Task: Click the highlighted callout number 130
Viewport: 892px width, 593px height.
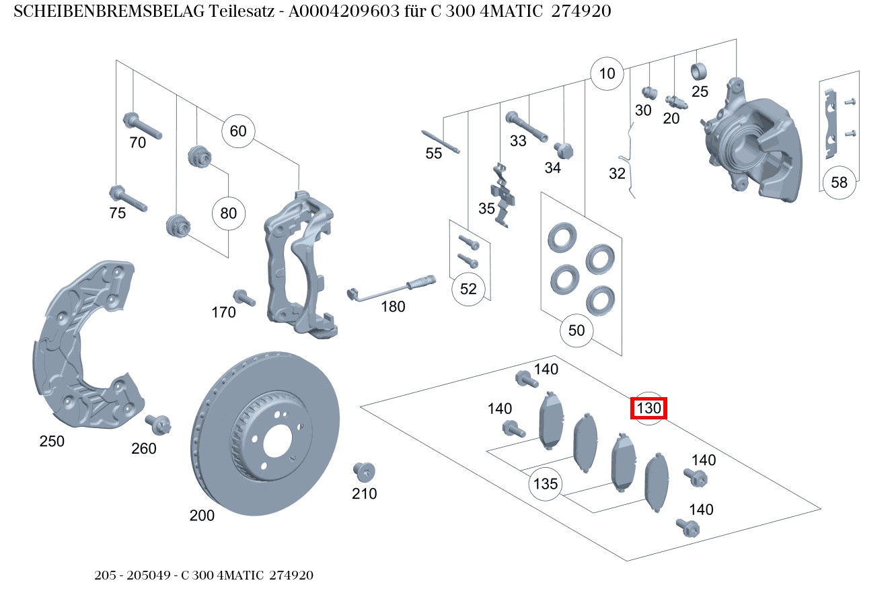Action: (648, 408)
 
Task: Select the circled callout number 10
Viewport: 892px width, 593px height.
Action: (607, 73)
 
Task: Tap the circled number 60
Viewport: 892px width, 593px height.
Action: (238, 131)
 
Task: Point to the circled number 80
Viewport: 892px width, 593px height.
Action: (229, 214)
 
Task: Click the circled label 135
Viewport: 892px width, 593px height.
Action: (545, 484)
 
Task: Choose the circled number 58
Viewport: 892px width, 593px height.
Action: (839, 182)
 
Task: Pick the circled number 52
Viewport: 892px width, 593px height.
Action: (468, 289)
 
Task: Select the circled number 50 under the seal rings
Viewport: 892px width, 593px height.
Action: (577, 330)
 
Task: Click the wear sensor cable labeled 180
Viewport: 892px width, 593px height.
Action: (390, 288)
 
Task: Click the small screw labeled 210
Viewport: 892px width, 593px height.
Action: (364, 470)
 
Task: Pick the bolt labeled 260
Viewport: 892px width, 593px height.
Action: (159, 424)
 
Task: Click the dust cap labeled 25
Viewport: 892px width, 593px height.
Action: (700, 71)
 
